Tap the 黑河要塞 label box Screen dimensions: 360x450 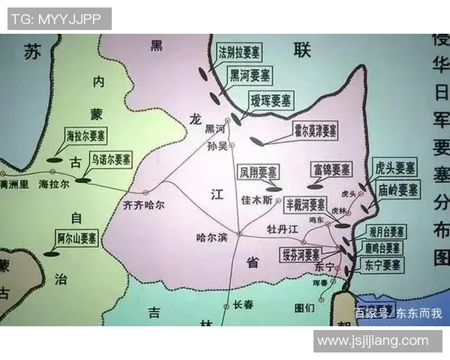coord(251,76)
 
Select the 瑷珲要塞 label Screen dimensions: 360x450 coord(271,100)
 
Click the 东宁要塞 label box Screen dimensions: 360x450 coord(382,265)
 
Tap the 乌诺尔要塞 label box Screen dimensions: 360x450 coord(110,160)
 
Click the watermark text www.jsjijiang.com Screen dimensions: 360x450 coord(372,340)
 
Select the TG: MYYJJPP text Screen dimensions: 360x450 coord(58,19)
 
